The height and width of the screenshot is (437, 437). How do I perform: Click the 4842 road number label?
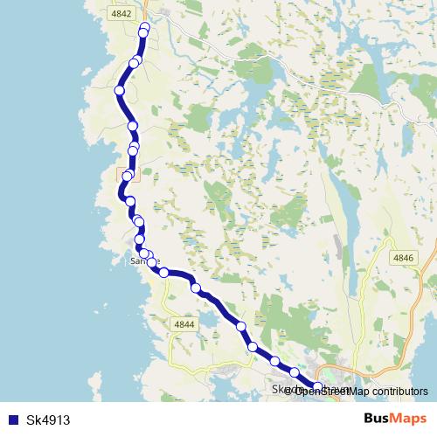click(x=121, y=14)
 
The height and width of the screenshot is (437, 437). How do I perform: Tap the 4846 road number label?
click(x=403, y=258)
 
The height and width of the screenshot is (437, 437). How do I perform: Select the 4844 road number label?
click(x=184, y=324)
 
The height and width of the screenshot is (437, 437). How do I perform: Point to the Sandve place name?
click(x=144, y=261)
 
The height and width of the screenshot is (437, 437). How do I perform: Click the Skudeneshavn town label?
click(x=311, y=390)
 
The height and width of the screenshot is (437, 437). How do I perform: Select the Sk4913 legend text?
click(x=48, y=420)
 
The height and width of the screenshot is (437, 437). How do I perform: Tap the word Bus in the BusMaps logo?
click(x=378, y=419)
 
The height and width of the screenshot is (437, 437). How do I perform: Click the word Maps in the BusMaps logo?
click(x=409, y=419)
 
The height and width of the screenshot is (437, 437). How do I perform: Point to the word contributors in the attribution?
click(x=391, y=392)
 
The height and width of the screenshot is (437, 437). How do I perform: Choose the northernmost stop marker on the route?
click(x=145, y=28)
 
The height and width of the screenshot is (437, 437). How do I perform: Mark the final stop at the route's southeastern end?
click(x=318, y=387)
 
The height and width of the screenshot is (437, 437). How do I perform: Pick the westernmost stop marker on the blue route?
click(x=119, y=90)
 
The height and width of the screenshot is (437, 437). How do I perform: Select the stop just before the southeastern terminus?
click(x=295, y=373)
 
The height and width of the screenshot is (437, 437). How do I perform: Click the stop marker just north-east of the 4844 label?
click(x=196, y=288)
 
